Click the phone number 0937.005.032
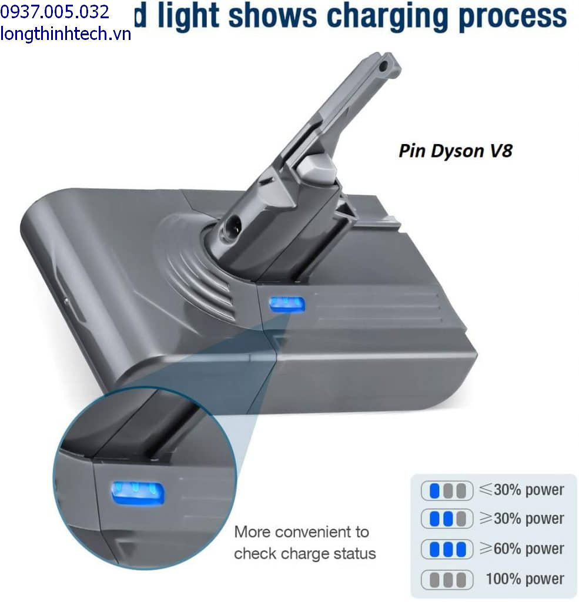pos(55,12)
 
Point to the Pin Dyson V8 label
pos(455,150)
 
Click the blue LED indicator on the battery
pos(287,305)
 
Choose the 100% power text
pos(524,578)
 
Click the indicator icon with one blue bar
pos(447,490)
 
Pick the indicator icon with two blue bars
pos(447,519)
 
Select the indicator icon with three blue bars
pos(447,549)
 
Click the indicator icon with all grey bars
pos(447,580)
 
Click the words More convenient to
pos(302,532)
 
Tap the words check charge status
pos(304,554)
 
